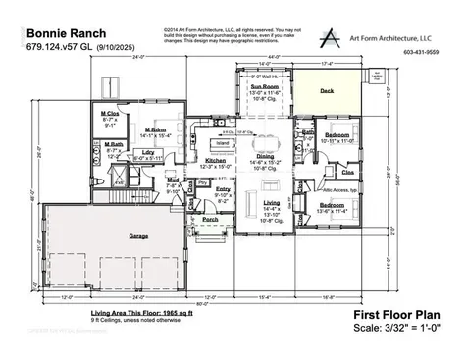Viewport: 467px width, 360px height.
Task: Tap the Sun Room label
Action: point(267,86)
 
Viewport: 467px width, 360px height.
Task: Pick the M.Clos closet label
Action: point(111,114)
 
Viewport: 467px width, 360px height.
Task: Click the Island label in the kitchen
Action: point(222,142)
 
